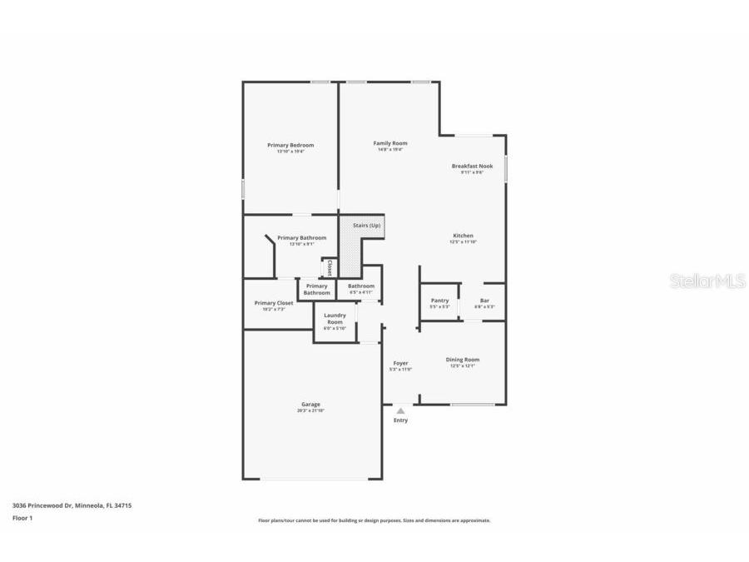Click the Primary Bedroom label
[x=290, y=145]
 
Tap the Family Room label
[x=389, y=143]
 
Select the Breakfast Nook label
[x=472, y=166]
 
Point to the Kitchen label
[x=463, y=236]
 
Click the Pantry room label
[x=439, y=301]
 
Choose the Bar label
[x=484, y=301]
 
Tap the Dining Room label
[x=462, y=360]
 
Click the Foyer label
[x=400, y=363]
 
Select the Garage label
[x=310, y=405]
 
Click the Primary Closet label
[x=274, y=303]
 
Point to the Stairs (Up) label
[x=366, y=226]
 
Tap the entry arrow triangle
[x=400, y=410]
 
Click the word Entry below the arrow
[x=400, y=420]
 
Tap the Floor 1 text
[x=22, y=518]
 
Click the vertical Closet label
[x=330, y=268]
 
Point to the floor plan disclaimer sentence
[x=374, y=520]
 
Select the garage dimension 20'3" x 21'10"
[x=310, y=410]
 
